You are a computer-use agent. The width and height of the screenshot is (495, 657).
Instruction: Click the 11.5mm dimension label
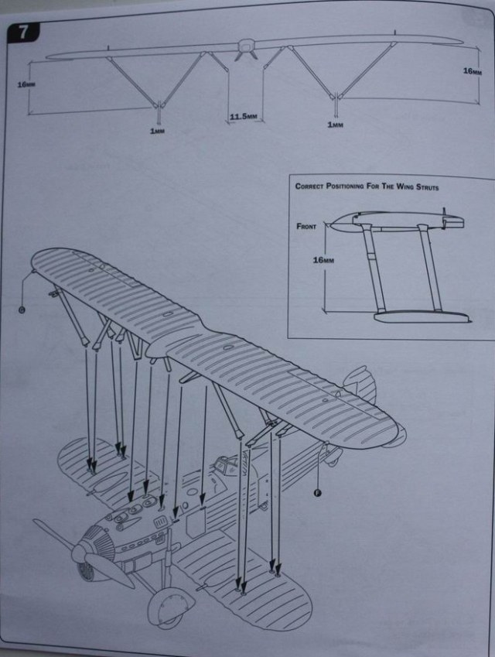click(x=242, y=117)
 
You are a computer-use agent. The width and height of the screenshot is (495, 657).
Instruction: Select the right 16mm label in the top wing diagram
click(x=472, y=71)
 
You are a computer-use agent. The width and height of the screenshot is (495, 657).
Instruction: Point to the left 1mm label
click(x=157, y=132)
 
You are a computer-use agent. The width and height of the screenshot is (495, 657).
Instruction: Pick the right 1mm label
click(x=335, y=125)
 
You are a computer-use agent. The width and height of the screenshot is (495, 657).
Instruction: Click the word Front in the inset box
click(x=308, y=227)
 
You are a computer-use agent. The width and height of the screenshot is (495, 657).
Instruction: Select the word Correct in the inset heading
click(x=312, y=186)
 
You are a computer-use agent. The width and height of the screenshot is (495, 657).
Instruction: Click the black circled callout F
click(x=317, y=492)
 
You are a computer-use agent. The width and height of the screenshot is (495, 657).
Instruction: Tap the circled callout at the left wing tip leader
click(x=22, y=310)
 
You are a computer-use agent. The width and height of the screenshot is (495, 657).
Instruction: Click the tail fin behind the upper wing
click(x=360, y=384)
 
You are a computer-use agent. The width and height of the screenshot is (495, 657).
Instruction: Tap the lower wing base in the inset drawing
click(x=421, y=316)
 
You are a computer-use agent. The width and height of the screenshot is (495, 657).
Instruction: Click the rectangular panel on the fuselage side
click(x=196, y=521)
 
